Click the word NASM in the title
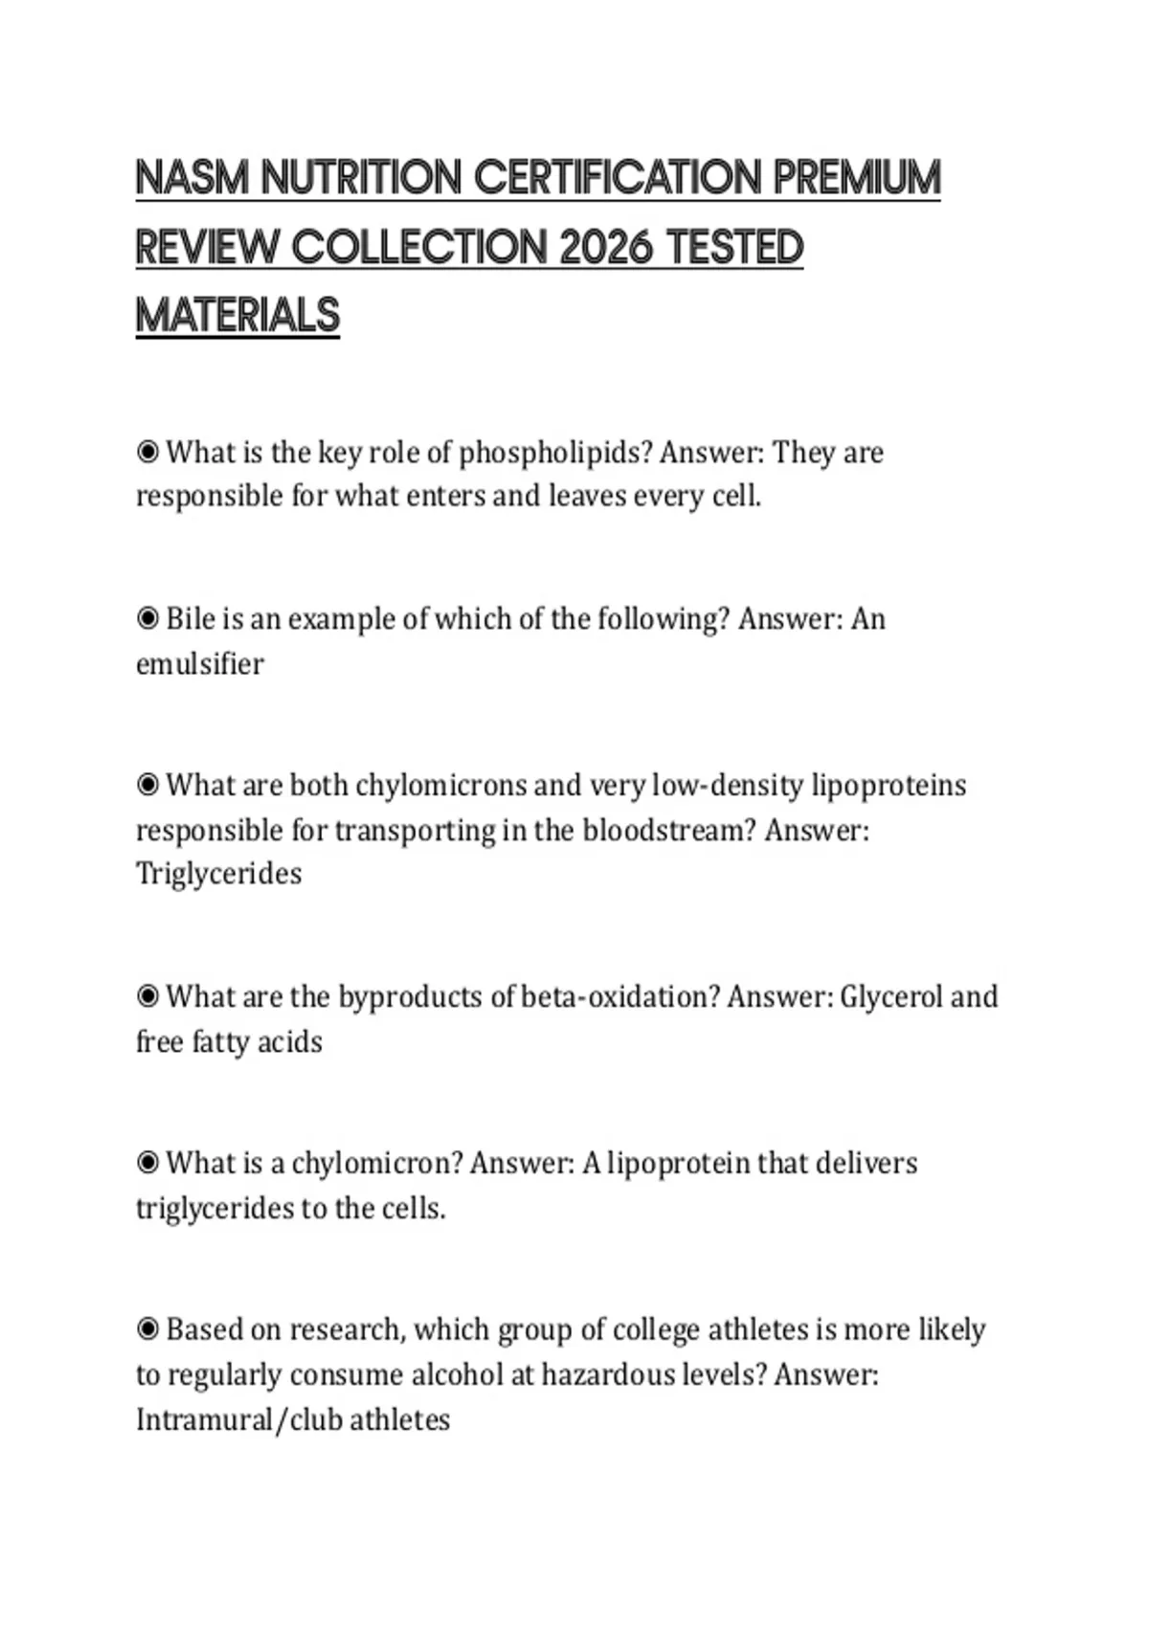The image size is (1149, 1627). [192, 178]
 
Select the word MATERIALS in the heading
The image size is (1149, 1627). [237, 316]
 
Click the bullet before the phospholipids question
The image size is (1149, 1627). [147, 452]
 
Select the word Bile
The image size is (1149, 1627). [191, 619]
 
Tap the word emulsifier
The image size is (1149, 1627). [199, 664]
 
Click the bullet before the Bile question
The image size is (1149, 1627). [147, 619]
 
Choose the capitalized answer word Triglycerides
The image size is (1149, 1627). [218, 874]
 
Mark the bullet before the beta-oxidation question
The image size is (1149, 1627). [147, 997]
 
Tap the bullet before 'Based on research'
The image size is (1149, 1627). [147, 1329]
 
